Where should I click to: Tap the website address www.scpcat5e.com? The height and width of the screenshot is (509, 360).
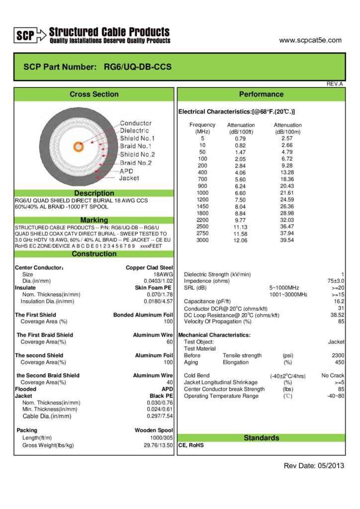point(310,40)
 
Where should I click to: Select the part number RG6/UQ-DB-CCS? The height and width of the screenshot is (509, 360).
point(138,67)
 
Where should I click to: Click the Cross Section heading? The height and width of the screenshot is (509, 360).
point(94,94)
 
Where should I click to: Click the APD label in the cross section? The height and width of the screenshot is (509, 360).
point(127,170)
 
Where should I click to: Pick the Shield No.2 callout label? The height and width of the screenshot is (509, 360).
point(137,154)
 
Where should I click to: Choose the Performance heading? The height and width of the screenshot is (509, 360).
point(261,94)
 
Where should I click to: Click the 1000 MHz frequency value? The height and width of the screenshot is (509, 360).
point(202,192)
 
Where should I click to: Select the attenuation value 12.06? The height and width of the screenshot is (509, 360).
point(241,240)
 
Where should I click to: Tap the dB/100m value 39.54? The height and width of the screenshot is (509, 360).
point(287,240)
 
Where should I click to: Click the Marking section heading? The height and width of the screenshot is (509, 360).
point(94,220)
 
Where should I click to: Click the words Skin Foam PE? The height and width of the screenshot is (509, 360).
point(154,287)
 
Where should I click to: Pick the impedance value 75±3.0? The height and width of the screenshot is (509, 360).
point(335,281)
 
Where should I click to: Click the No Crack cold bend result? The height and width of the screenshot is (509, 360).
point(333,375)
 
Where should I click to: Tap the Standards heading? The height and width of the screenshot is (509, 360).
point(261,438)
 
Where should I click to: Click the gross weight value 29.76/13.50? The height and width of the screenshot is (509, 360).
point(158,445)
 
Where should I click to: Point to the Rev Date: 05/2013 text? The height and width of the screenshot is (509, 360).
point(313,466)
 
